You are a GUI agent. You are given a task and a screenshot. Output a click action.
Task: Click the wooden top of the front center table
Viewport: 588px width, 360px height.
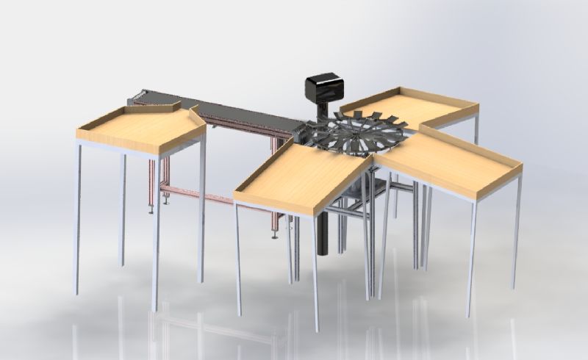pyautogui.click(x=301, y=176)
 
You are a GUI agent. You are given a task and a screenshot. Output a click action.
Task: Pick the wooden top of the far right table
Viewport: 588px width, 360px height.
pyautogui.click(x=448, y=162)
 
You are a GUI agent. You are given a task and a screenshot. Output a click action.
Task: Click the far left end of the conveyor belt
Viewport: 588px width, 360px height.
pyautogui.click(x=137, y=96)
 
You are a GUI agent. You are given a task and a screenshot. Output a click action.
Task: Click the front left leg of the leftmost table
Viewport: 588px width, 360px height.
pyautogui.click(x=78, y=220)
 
